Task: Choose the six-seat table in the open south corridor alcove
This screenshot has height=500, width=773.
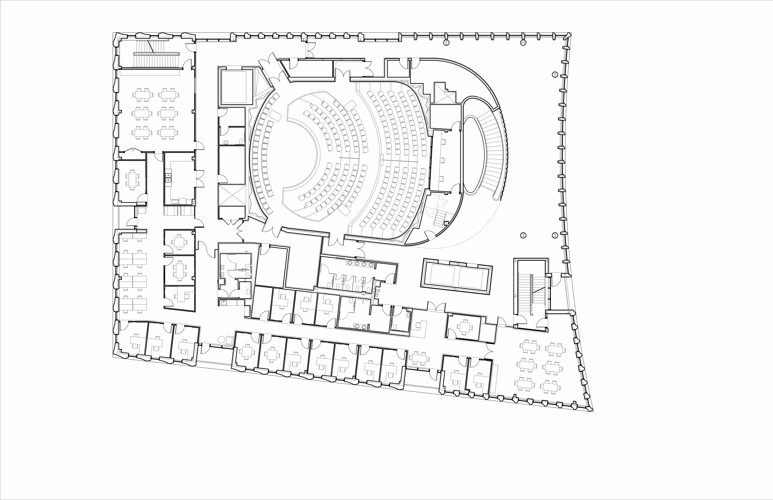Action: (419, 358)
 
